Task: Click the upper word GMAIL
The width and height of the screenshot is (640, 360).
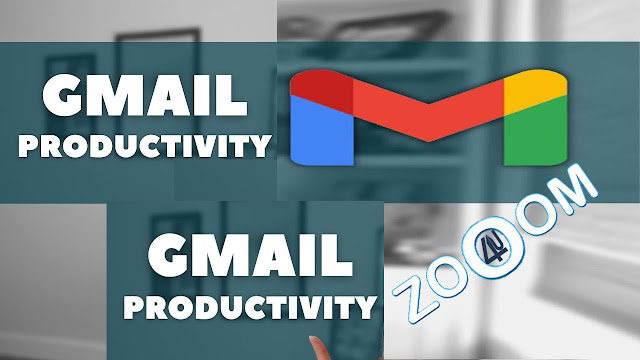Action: (145, 95)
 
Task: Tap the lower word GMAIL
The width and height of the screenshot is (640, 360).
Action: (250, 256)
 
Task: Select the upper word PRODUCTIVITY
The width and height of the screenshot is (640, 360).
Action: (145, 146)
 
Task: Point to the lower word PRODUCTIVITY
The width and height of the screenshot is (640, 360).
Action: (250, 307)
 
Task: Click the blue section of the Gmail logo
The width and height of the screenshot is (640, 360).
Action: (322, 131)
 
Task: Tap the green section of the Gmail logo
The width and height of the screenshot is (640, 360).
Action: (536, 131)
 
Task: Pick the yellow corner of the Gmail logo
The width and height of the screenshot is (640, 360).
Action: (536, 91)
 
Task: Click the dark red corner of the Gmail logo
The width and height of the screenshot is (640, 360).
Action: (322, 91)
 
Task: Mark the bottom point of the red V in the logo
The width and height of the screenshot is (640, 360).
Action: (429, 141)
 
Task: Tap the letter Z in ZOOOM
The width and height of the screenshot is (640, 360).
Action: (413, 300)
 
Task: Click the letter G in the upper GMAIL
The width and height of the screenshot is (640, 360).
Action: (62, 95)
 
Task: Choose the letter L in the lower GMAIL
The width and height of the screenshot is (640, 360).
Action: (338, 256)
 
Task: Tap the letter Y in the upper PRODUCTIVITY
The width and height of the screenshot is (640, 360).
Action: (260, 146)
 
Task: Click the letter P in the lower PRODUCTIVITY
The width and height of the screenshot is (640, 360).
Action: (133, 307)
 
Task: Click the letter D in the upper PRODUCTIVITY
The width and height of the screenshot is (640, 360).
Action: (94, 146)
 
